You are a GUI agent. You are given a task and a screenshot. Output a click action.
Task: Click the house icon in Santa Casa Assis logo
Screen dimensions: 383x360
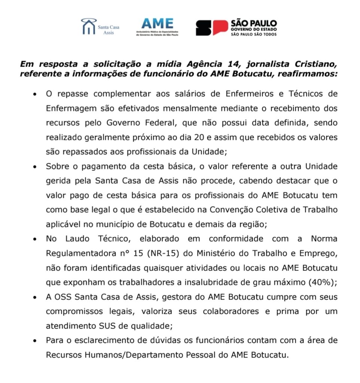coord(88,27)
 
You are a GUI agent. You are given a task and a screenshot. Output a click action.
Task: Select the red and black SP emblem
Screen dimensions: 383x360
coord(212,28)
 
